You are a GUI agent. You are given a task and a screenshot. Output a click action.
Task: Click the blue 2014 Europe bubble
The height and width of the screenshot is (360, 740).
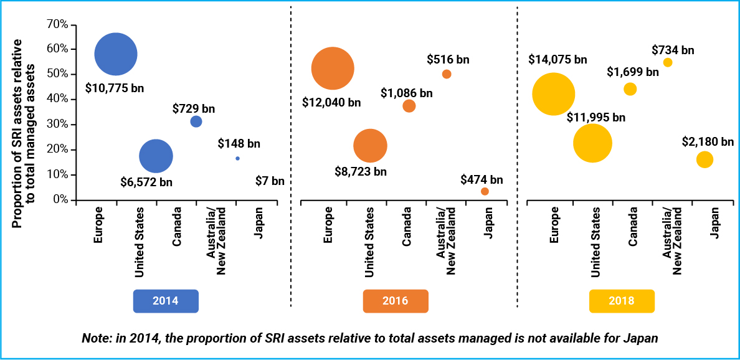click(116, 54)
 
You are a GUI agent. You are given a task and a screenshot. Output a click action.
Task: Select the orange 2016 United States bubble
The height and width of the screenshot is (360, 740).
click(370, 146)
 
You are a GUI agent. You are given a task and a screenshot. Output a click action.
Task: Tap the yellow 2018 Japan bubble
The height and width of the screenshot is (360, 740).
click(704, 159)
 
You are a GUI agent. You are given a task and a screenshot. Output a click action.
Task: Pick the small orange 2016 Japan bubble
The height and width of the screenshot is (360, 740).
click(485, 191)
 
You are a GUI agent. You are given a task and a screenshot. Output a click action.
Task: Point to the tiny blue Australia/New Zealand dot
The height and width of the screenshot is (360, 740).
click(237, 159)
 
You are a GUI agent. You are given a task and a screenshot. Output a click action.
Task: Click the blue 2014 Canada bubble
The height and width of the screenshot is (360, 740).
click(196, 121)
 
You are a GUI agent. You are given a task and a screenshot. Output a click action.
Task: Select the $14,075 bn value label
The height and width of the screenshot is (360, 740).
click(557, 60)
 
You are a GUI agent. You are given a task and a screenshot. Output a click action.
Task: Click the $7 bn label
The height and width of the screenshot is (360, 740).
click(270, 181)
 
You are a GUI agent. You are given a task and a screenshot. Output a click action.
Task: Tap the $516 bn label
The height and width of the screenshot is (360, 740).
click(448, 60)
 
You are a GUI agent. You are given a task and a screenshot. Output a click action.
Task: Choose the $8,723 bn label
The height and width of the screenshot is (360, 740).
click(361, 171)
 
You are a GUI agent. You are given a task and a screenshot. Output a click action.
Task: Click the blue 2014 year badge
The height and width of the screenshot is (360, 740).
click(166, 301)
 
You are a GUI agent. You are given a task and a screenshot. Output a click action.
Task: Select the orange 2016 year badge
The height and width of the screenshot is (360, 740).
click(396, 301)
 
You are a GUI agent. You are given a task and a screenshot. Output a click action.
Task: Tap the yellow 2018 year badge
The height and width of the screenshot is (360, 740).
click(622, 301)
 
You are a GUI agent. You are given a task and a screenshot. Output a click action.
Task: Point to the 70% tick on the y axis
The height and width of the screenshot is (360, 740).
click(58, 24)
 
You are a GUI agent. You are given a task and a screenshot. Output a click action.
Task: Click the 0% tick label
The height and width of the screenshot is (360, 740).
click(60, 200)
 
